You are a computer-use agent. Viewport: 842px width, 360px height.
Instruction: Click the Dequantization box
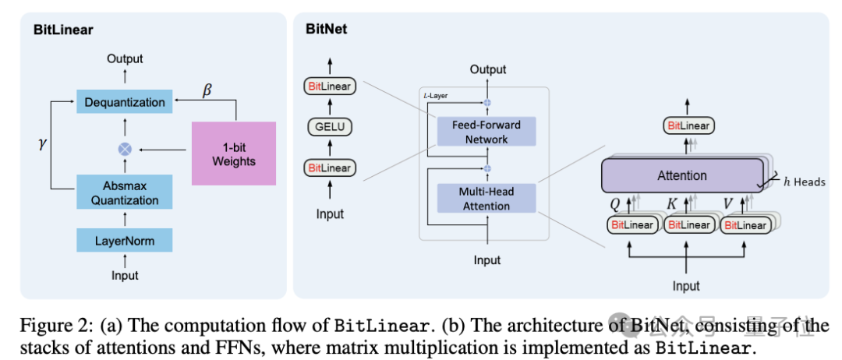tap(125, 102)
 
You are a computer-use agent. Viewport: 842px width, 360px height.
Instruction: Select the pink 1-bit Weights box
tap(234, 154)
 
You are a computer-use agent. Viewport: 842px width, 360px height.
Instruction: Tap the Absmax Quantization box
tap(125, 193)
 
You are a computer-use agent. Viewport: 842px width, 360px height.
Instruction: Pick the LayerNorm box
tap(125, 241)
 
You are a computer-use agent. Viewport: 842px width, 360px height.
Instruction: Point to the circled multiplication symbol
tap(125, 148)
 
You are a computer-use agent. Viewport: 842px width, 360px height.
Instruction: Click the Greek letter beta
tap(207, 90)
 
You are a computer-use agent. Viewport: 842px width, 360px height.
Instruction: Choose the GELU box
tap(330, 126)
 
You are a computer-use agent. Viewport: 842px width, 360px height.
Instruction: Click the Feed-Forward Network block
tap(486, 132)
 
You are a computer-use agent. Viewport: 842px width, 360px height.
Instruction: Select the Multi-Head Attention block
tap(486, 199)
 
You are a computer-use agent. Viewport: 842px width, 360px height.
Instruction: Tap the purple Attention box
tap(682, 175)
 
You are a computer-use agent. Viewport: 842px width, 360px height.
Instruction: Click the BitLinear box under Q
tap(632, 225)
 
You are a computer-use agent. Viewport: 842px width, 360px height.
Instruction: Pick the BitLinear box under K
tap(688, 225)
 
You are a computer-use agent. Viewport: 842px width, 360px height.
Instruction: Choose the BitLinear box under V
tap(745, 225)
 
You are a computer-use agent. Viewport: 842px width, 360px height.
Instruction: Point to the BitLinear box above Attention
tap(687, 125)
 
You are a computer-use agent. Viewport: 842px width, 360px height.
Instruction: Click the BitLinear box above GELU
tap(330, 85)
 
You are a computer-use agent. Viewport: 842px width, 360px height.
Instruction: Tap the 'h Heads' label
tap(803, 182)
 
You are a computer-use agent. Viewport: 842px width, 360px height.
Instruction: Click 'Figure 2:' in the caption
tap(49, 326)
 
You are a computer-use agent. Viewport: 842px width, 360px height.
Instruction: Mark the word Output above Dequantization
tap(125, 58)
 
